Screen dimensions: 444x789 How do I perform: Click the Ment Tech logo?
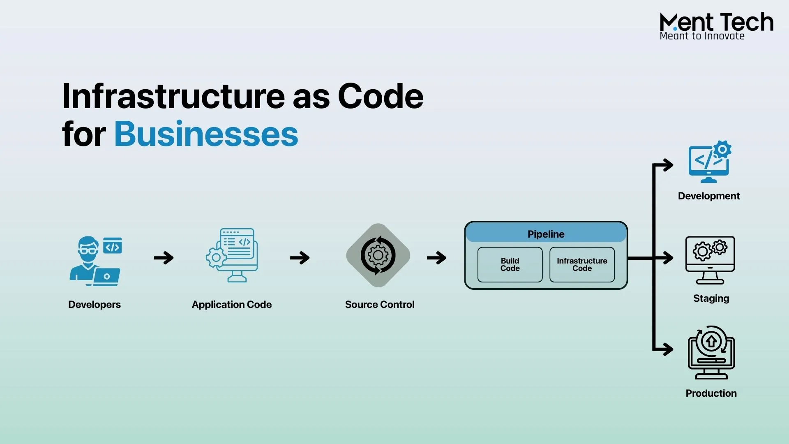(x=716, y=23)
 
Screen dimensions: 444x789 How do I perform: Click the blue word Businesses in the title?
(x=206, y=134)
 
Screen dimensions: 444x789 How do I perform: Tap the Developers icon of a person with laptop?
(x=95, y=261)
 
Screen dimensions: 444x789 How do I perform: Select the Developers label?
(x=95, y=305)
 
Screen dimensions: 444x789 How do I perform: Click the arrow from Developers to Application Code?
(x=164, y=258)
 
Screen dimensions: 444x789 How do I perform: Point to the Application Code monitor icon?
(x=232, y=255)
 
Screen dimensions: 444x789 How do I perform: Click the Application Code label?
(x=231, y=305)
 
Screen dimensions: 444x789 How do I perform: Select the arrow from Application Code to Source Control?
(x=300, y=258)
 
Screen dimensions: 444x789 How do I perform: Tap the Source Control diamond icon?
(x=378, y=255)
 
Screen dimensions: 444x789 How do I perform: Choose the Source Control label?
(x=380, y=305)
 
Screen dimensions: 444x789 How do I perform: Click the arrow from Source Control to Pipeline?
(x=436, y=258)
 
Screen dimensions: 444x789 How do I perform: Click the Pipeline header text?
(x=546, y=234)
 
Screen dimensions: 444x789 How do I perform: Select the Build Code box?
(x=510, y=265)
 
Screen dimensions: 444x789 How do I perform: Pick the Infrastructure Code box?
(x=582, y=265)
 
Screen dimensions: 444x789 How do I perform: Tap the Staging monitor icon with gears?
(x=710, y=260)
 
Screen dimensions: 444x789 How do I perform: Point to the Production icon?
(x=711, y=353)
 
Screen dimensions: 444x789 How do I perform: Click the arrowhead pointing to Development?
(x=668, y=165)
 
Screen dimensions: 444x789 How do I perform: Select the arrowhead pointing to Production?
(x=668, y=349)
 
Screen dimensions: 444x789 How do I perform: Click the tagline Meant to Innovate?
(x=702, y=36)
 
